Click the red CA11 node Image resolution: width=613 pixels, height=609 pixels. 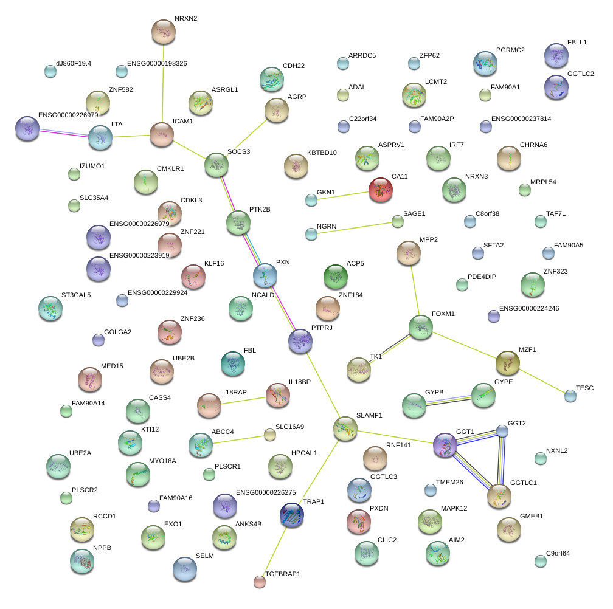(x=381, y=190)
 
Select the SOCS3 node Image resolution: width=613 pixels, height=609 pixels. (x=216, y=165)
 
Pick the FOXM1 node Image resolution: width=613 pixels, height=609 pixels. (x=421, y=327)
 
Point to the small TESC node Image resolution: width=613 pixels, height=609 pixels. (x=570, y=396)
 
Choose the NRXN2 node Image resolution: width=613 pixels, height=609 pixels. (x=164, y=32)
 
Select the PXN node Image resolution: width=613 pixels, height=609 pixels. (x=265, y=275)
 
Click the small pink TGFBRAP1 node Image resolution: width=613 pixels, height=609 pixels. (x=260, y=582)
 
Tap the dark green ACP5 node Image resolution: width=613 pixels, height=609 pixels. (x=335, y=277)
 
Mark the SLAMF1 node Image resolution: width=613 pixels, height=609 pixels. (x=345, y=428)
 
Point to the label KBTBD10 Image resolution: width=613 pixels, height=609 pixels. (x=322, y=153)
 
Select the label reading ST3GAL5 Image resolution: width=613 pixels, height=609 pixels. (x=76, y=295)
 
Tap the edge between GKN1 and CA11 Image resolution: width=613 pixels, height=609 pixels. (x=343, y=195)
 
